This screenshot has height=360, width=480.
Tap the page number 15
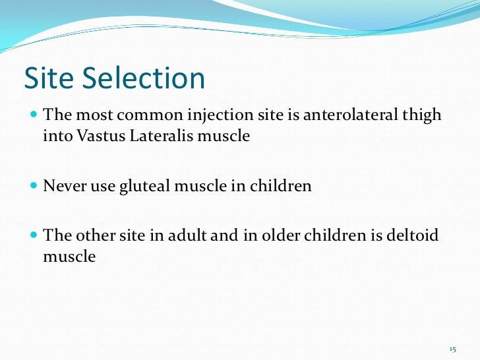coord(452,348)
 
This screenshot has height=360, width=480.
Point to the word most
coord(93,115)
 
